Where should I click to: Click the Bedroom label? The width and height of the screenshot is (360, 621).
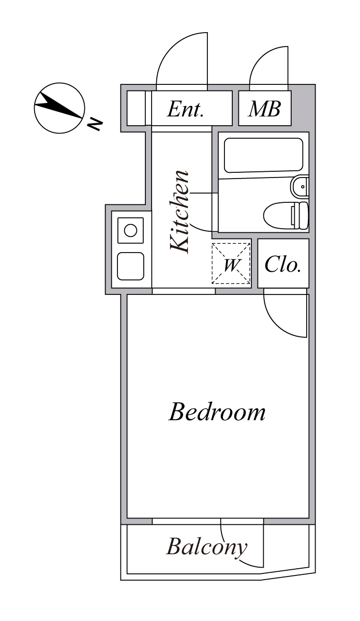[217, 412]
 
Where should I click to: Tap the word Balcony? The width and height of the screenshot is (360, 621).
[206, 547]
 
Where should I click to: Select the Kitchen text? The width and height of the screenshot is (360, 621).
[180, 212]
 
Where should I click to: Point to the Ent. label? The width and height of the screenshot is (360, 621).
[185, 109]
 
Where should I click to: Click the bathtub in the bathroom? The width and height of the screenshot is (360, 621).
[263, 155]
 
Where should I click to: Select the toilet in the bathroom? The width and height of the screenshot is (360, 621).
[286, 216]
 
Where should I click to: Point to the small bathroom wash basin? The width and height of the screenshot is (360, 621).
[300, 186]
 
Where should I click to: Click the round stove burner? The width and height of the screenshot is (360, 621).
[130, 230]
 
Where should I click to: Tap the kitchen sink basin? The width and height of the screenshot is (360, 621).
[130, 266]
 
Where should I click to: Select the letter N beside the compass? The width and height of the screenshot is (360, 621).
[94, 125]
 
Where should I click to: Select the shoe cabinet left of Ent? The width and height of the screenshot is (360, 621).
[136, 108]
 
